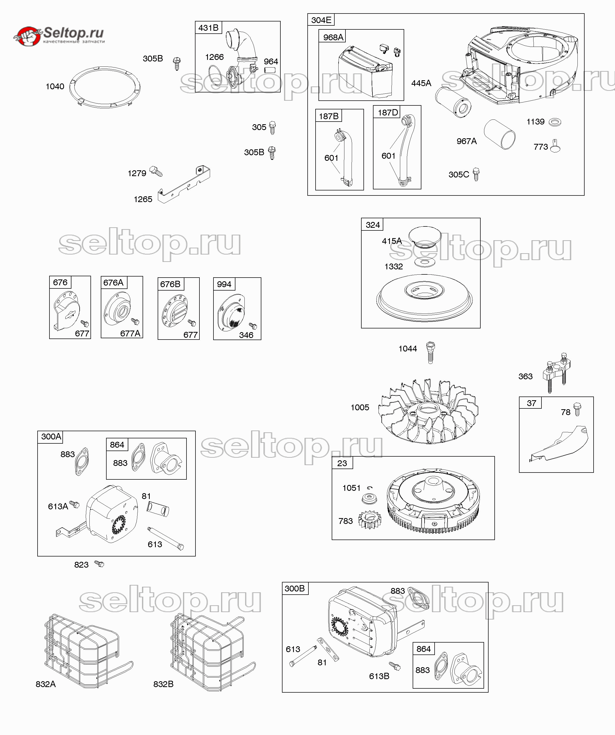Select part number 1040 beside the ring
point(55,86)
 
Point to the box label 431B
point(208,28)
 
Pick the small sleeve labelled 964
point(270,70)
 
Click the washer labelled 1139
point(555,122)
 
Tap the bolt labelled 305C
point(476,174)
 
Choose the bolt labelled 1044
point(430,353)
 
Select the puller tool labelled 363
point(557,372)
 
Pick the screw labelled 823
point(99,564)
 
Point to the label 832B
point(163,684)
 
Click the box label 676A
point(113,282)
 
